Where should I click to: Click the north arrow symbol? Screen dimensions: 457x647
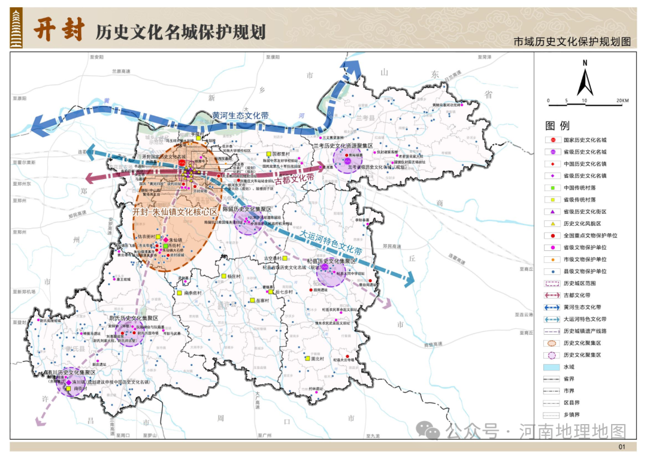coord(585,78)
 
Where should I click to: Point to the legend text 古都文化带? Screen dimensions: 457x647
coord(576,295)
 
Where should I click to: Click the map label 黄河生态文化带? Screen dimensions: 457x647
coord(240,116)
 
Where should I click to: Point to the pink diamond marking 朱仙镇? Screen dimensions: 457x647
coord(166,239)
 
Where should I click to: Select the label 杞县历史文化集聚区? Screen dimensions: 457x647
coord(331,262)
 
